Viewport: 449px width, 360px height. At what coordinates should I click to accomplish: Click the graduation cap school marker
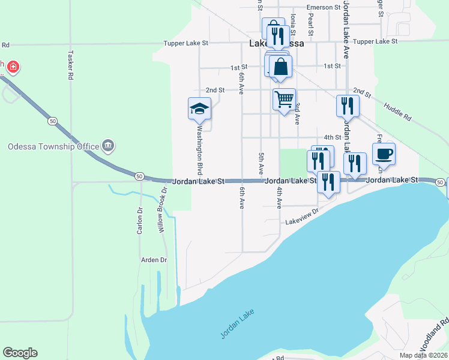tap(200, 109)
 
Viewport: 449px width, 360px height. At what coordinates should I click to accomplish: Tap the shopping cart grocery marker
tap(284, 98)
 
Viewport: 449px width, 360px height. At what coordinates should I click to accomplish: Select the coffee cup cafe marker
tap(384, 154)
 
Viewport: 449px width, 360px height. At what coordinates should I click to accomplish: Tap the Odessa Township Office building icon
tap(109, 145)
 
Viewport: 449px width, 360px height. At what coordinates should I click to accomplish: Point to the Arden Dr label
tap(154, 260)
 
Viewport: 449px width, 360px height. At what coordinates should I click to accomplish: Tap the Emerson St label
tap(324, 7)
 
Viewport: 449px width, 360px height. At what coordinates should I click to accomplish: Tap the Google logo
tap(20, 353)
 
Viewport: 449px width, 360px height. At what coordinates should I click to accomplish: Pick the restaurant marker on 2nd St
tap(348, 106)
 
